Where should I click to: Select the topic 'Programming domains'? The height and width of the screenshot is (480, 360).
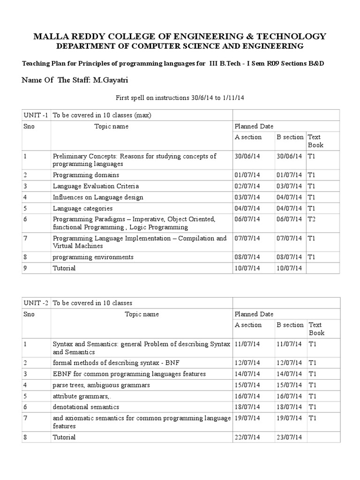coord(80,175)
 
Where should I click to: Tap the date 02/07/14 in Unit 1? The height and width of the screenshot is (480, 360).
coord(247,186)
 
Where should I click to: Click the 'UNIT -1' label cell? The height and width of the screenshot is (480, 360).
coord(36,115)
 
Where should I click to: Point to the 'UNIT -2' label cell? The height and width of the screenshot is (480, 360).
coord(36,303)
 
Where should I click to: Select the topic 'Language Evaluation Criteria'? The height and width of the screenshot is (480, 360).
coord(96,186)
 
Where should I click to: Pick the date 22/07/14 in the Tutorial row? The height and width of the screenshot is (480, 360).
coord(247,437)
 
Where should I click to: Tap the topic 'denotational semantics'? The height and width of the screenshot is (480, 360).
coord(86,407)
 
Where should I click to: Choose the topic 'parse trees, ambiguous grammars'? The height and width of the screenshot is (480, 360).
coord(101,385)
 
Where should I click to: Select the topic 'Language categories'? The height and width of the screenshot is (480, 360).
coord(82,208)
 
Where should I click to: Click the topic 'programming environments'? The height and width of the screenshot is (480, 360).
coord(93,257)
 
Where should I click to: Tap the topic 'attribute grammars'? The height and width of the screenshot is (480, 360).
coord(80,396)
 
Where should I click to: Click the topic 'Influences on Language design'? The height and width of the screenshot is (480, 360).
coord(98,197)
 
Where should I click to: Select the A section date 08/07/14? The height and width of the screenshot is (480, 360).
coord(247,257)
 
